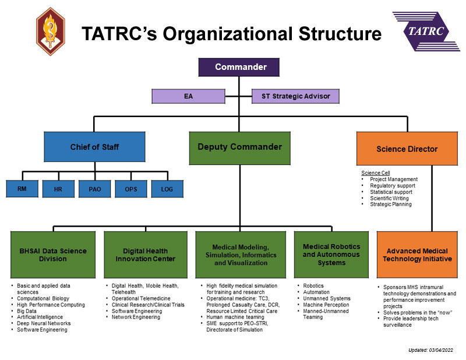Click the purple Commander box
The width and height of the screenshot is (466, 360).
click(x=239, y=67)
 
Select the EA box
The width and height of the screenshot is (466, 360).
click(x=188, y=96)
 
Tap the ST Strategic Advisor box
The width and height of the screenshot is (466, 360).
click(x=295, y=96)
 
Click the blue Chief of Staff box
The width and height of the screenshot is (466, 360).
click(x=94, y=147)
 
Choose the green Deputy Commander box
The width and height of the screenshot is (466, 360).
click(x=239, y=147)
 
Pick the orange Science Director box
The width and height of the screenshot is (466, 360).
click(x=407, y=149)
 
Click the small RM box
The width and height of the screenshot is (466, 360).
click(x=22, y=189)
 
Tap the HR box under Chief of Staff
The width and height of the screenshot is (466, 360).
click(x=58, y=189)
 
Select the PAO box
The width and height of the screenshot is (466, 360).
click(x=95, y=189)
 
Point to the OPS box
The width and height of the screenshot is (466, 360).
click(x=131, y=189)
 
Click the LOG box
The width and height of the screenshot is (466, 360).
click(x=167, y=189)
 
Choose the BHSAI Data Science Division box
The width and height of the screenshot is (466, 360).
click(x=53, y=255)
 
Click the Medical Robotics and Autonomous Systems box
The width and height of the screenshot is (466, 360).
click(x=331, y=255)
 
